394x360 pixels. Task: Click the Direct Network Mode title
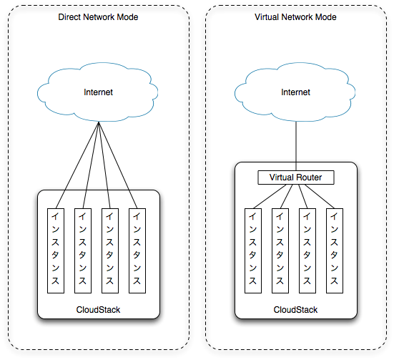click(x=98, y=17)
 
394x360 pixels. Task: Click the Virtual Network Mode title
click(x=295, y=17)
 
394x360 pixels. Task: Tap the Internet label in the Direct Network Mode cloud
click(x=98, y=92)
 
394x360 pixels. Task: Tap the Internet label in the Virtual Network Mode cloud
click(x=296, y=92)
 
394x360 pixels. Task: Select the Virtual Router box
click(x=296, y=177)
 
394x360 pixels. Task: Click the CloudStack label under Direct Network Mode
click(x=98, y=310)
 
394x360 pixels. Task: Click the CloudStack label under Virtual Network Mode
click(x=295, y=310)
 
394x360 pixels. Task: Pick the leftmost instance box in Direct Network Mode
click(x=56, y=250)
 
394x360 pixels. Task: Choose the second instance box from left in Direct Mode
click(x=83, y=250)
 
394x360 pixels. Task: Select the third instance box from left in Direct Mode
click(x=110, y=250)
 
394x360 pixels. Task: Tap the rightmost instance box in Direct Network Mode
click(x=137, y=250)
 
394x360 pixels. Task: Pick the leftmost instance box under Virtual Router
click(x=253, y=250)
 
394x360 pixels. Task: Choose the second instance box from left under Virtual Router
click(x=280, y=250)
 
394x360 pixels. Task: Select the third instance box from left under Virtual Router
click(x=307, y=250)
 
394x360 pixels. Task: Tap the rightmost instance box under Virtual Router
click(x=335, y=250)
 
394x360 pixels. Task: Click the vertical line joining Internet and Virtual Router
click(x=296, y=146)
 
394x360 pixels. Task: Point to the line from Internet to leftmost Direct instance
click(x=77, y=165)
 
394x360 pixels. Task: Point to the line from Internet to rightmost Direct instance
click(x=118, y=165)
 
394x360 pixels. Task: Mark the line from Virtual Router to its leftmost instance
click(x=270, y=197)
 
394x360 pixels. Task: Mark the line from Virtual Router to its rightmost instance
click(x=320, y=197)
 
